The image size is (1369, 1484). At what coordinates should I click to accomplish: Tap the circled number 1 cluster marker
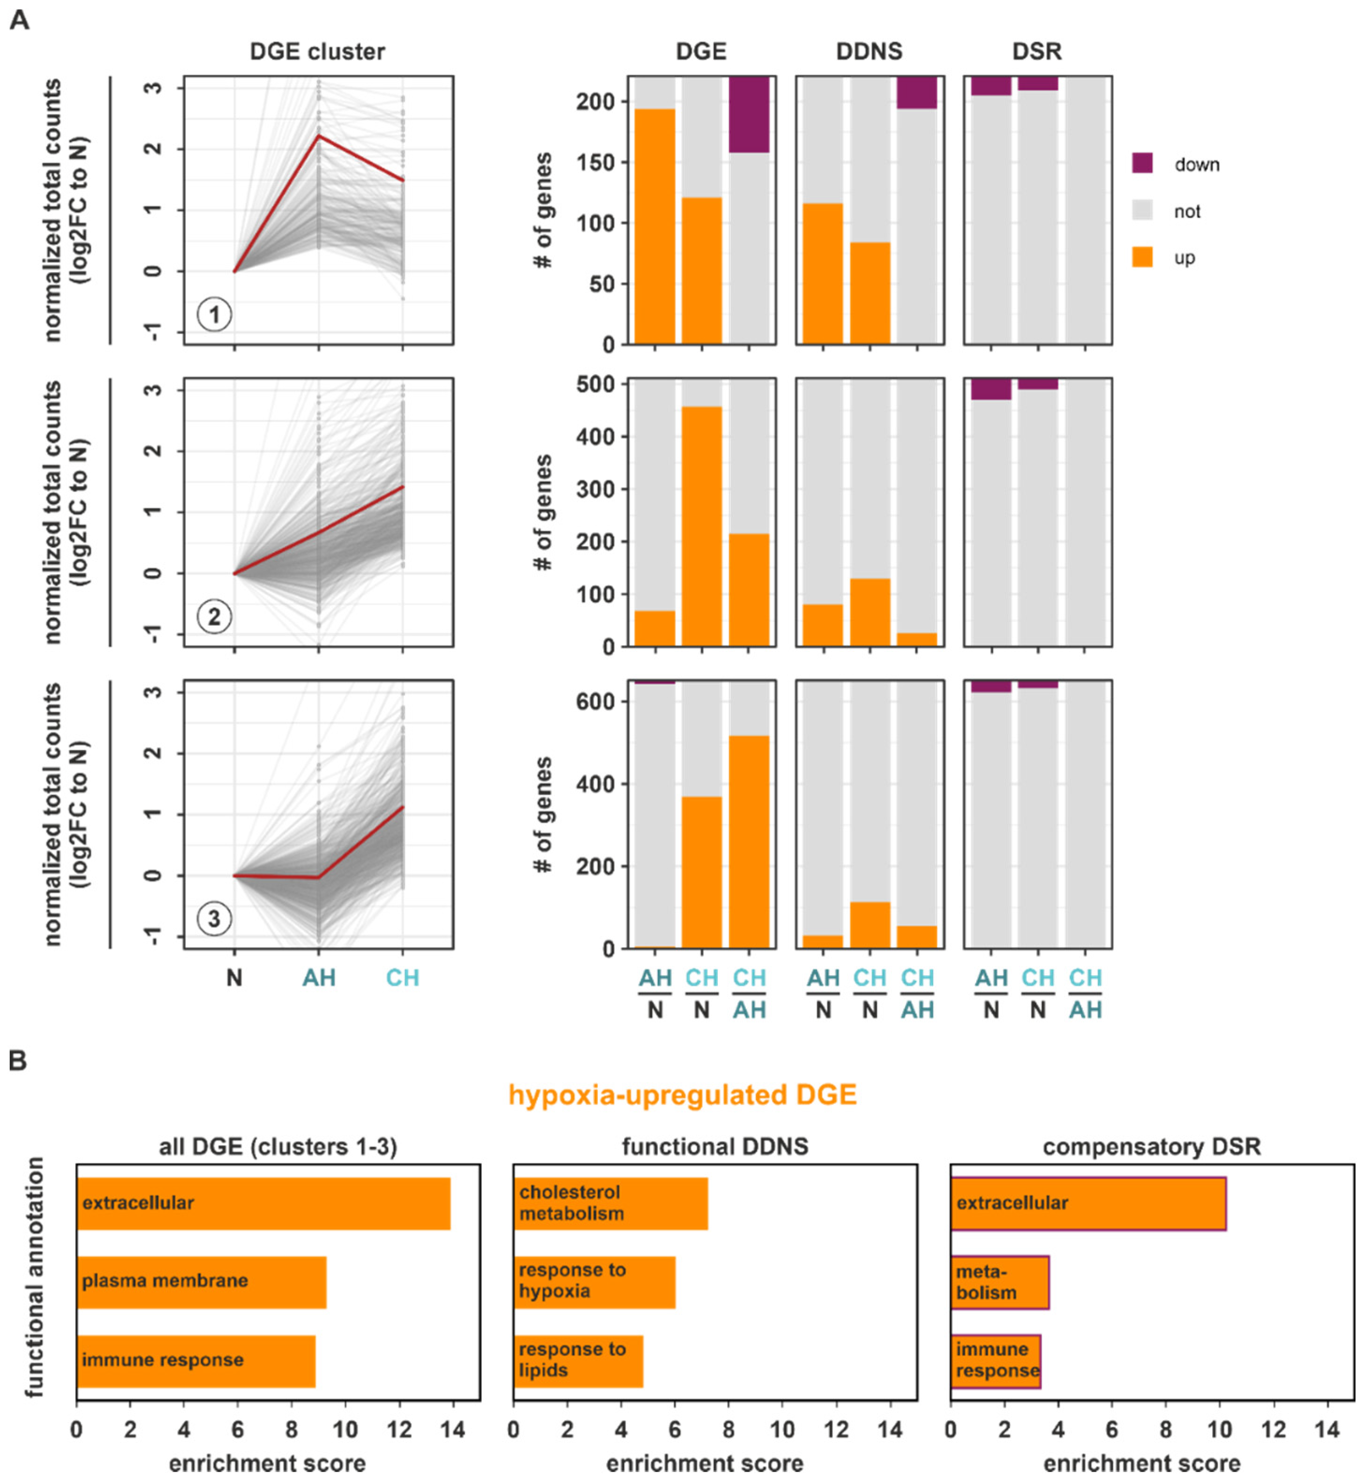tap(214, 314)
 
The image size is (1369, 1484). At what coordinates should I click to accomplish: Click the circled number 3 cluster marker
tap(214, 919)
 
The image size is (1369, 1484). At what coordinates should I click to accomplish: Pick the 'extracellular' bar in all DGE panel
tap(263, 1203)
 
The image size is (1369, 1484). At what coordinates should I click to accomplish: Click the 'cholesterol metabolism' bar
tap(611, 1203)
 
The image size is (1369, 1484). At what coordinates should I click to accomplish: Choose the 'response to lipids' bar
tap(578, 1360)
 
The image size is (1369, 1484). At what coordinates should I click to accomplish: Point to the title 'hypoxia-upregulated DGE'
tap(682, 1095)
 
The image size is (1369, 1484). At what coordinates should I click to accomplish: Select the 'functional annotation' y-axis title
tap(34, 1278)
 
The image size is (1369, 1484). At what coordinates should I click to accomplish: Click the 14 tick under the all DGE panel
tap(453, 1429)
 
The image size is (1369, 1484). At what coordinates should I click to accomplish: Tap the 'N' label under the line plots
tap(234, 978)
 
